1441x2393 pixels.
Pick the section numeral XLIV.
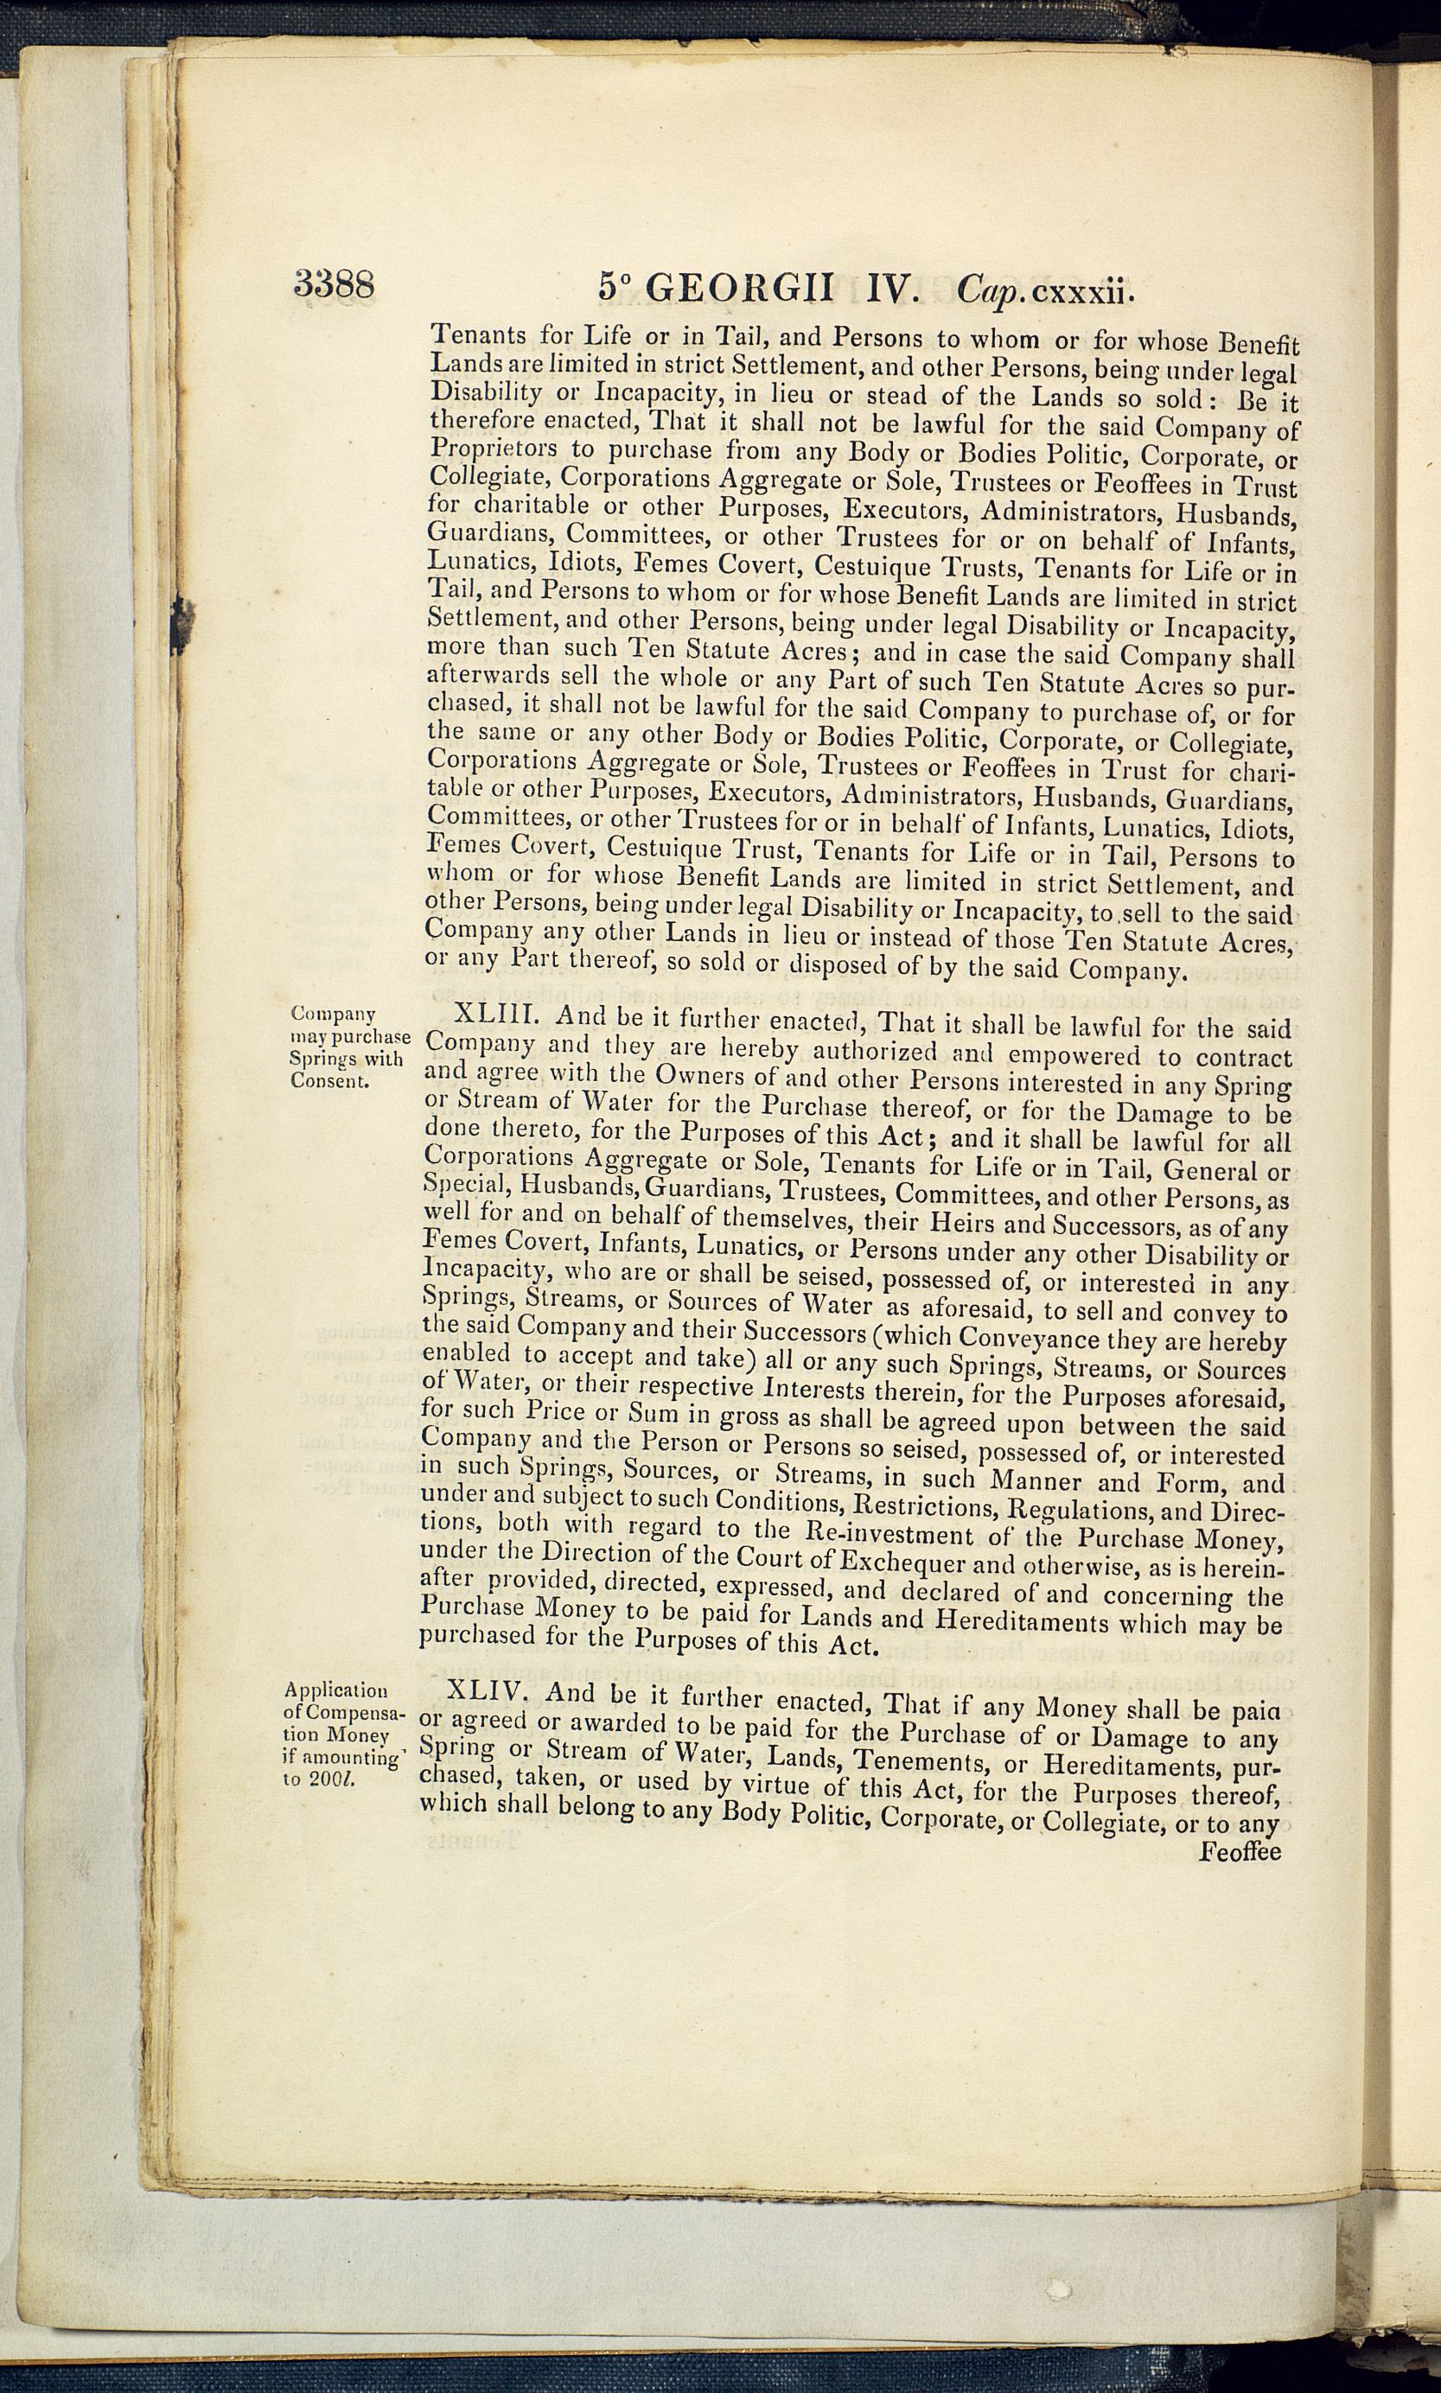pyautogui.click(x=488, y=1691)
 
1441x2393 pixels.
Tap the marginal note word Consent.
pyautogui.click(x=329, y=1080)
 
